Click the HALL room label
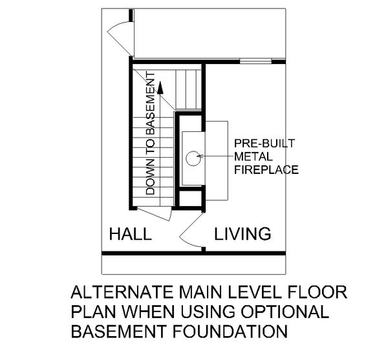pos(130,233)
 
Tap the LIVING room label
pos(242,233)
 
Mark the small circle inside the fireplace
pos(192,156)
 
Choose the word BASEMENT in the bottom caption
pos(111,334)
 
